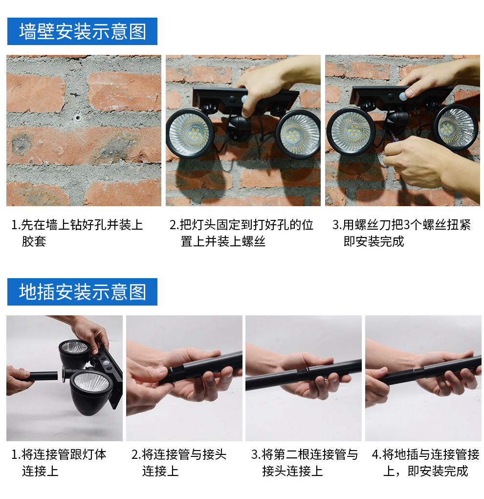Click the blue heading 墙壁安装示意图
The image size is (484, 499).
click(82, 31)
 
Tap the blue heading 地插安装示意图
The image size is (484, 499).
click(82, 292)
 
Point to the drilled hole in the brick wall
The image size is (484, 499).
click(77, 119)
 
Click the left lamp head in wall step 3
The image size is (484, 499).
click(351, 131)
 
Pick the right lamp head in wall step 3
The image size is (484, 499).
click(456, 128)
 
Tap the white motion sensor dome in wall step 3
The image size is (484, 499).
click(403, 95)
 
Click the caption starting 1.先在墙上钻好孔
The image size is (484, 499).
click(77, 233)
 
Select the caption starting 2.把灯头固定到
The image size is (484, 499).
click(242, 233)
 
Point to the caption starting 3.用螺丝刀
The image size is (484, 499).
click(402, 233)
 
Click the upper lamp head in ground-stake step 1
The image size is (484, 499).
click(75, 352)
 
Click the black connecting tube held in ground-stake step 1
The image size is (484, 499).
click(42, 376)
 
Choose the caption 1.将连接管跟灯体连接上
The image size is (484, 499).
click(59, 462)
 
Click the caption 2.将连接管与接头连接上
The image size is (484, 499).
click(178, 462)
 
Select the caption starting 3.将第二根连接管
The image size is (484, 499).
click(305, 462)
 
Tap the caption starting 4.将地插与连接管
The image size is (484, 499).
click(425, 462)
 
